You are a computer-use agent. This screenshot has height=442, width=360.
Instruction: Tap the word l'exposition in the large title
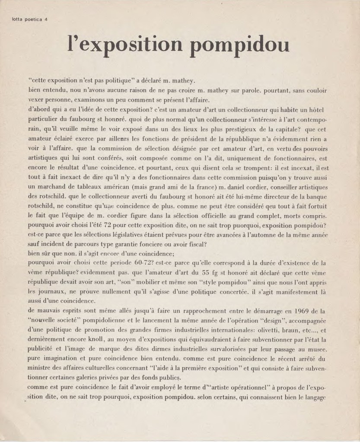pyautogui.click(x=125, y=45)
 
